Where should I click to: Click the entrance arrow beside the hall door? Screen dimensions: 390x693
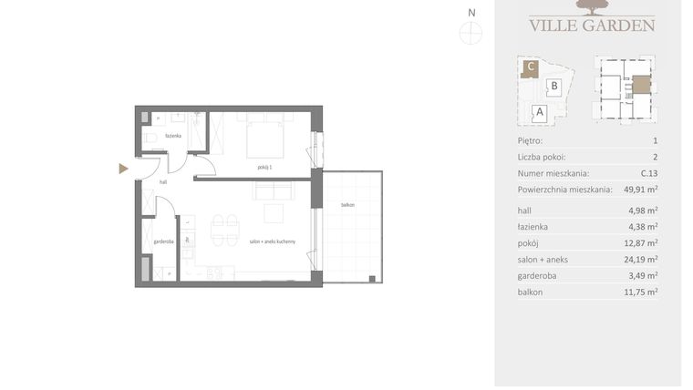click(123, 169)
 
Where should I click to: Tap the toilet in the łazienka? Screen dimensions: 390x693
click(152, 139)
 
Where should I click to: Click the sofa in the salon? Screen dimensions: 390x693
click(274, 191)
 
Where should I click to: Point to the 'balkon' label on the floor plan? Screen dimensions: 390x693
click(347, 205)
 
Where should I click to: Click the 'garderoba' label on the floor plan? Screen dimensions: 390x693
click(163, 241)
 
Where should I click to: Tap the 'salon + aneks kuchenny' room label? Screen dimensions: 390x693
click(271, 241)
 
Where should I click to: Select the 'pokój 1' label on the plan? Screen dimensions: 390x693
click(264, 168)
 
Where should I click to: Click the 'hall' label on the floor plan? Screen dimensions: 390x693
click(163, 182)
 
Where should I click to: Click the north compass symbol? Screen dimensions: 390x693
click(471, 34)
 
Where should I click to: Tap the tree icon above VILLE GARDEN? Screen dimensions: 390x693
click(592, 8)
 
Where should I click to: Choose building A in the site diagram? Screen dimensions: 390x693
click(539, 112)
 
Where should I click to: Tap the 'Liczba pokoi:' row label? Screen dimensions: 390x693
click(543, 157)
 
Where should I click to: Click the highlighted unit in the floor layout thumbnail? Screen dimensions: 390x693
click(642, 85)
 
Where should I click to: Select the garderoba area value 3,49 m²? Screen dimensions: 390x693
click(641, 275)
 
